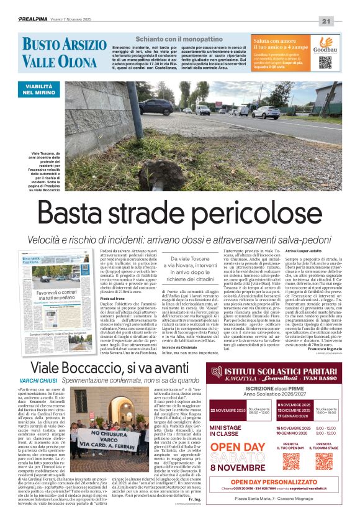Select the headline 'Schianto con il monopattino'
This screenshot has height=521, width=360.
[x=172, y=39]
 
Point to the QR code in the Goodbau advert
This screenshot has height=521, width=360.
[x=325, y=62]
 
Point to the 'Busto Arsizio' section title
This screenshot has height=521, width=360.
[x=64, y=44]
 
